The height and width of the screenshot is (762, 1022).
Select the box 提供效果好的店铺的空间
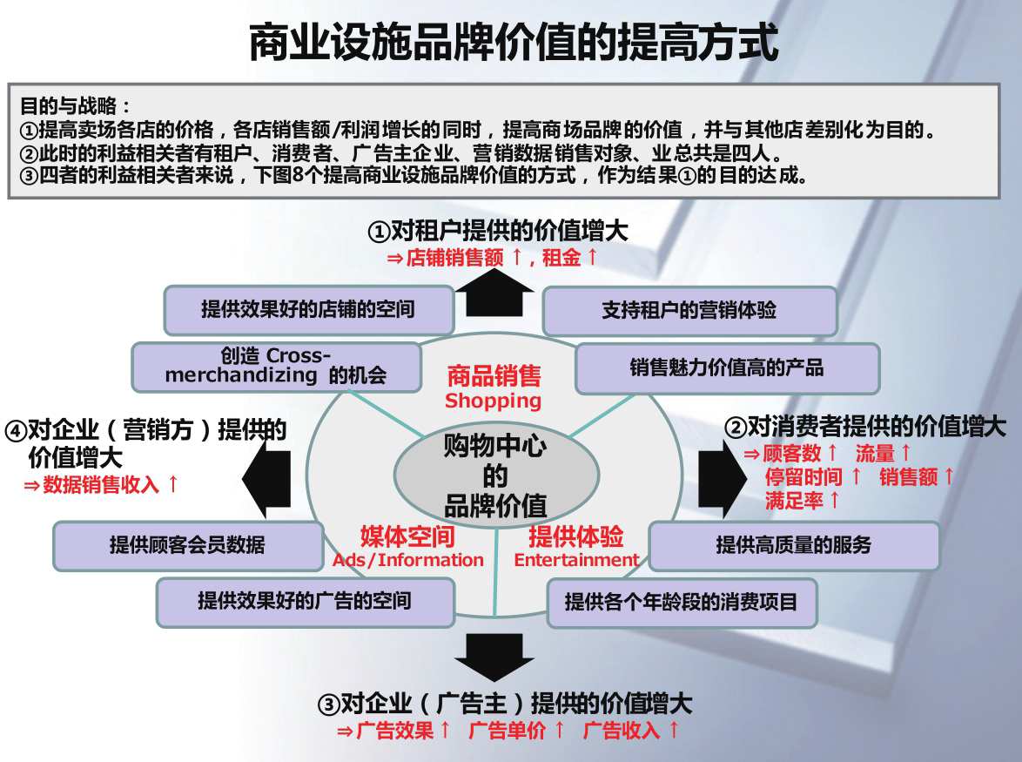coord(308,309)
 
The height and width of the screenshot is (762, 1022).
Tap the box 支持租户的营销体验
coord(689,310)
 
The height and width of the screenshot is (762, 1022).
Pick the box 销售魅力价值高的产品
coord(727,368)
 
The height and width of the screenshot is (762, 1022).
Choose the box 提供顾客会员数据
coord(187,545)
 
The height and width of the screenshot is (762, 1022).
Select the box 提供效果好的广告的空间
coord(305,601)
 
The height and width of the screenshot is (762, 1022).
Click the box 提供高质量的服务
coord(793,546)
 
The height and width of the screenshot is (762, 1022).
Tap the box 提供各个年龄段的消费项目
coord(681,602)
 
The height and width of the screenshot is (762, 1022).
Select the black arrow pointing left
coord(266,478)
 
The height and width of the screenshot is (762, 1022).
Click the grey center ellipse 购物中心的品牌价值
coord(496,476)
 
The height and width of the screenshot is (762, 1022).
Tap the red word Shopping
coord(493,401)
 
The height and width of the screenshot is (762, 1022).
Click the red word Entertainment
coord(576,560)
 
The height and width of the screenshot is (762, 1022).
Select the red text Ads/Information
coord(407,560)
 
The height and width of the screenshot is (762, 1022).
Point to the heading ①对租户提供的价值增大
coord(497,231)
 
